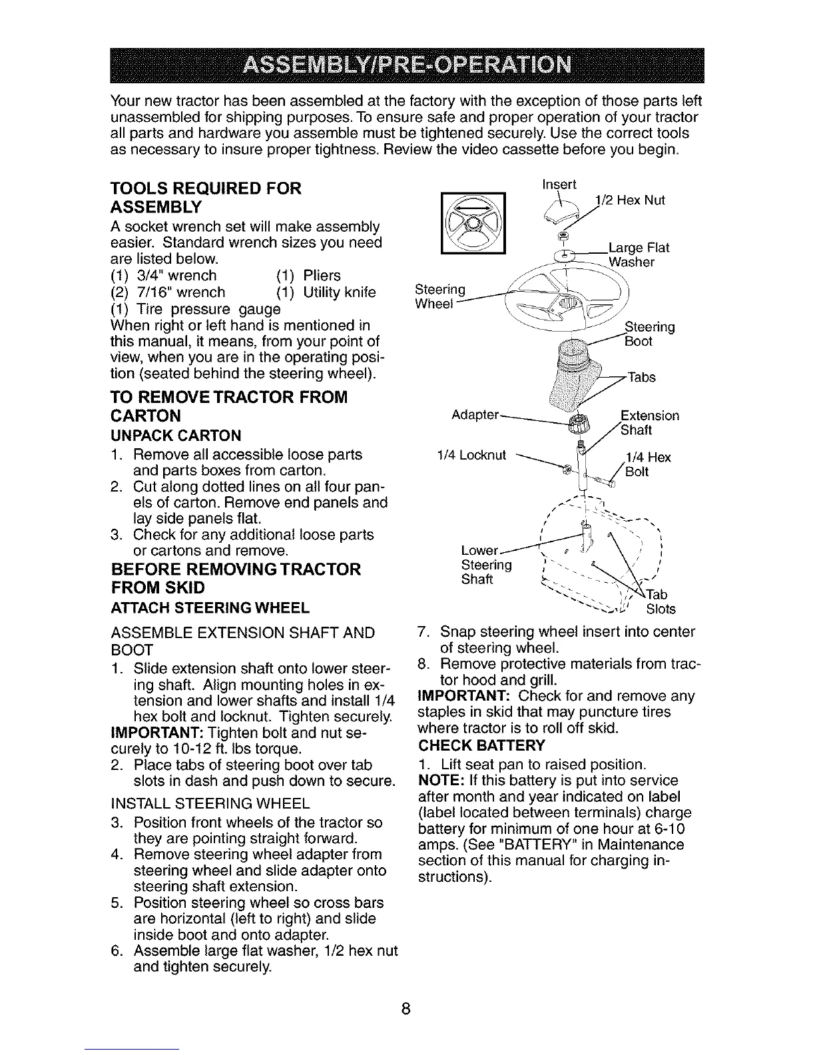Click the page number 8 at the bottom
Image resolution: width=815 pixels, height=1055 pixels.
coord(406,1008)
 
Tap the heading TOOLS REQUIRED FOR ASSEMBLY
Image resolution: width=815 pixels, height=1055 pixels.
coord(205,196)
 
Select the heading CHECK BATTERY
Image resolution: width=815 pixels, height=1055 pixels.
coord(481,744)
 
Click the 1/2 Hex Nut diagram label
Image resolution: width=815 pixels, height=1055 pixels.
coord(629,200)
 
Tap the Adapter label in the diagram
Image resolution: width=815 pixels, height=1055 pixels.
coord(475,415)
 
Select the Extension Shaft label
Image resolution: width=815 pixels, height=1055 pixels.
coord(649,422)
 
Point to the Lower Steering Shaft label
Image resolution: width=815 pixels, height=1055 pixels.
coord(486,565)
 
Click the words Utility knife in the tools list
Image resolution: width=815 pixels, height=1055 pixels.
coord(339,292)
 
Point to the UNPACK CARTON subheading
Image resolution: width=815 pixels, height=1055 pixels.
coord(174,436)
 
